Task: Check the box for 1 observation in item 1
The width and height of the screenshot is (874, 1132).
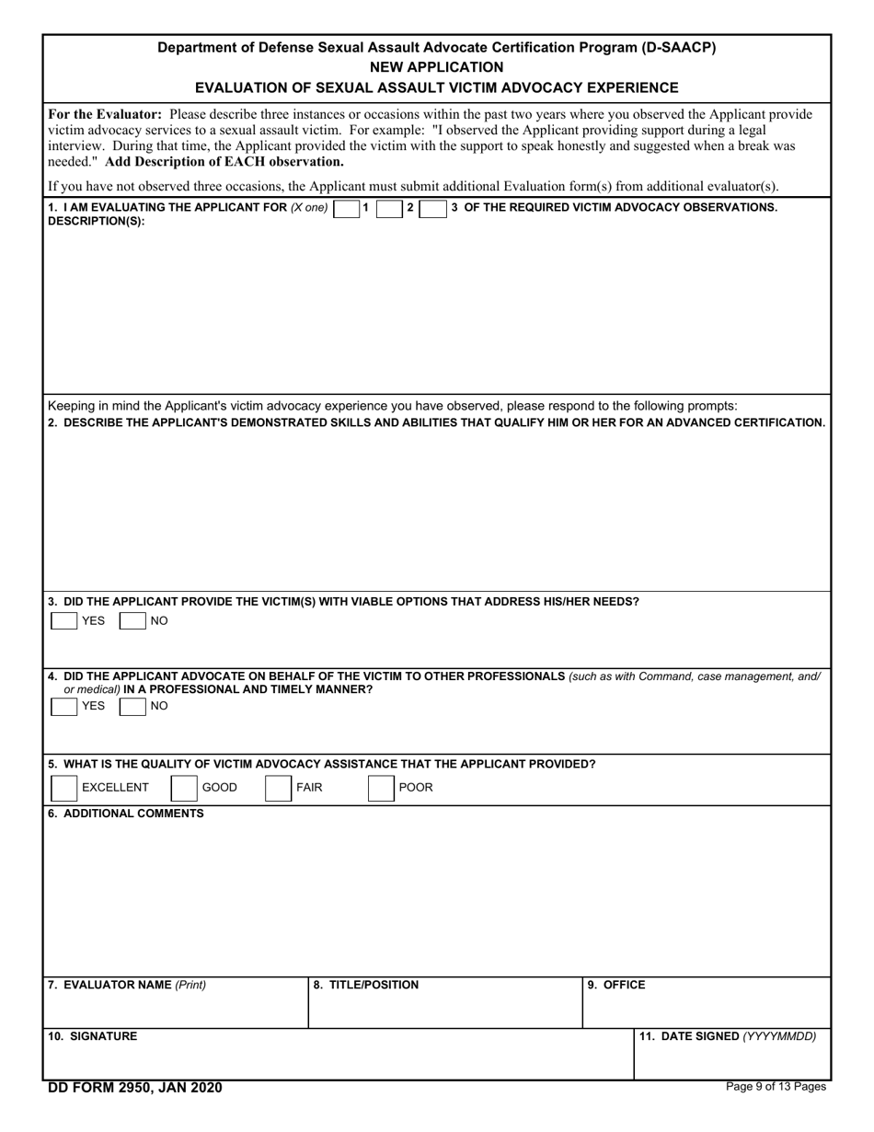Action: tap(347, 209)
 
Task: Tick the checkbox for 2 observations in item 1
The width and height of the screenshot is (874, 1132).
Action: tap(391, 209)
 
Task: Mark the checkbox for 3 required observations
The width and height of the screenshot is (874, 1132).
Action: tap(432, 209)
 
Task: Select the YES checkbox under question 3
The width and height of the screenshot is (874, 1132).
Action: tap(64, 621)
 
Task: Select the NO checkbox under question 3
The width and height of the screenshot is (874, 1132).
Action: tap(133, 621)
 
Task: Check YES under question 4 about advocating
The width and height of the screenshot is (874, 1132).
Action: tap(64, 707)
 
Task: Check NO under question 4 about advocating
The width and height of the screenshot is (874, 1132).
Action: tap(133, 707)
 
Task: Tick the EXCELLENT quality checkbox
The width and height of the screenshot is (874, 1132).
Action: tap(64, 788)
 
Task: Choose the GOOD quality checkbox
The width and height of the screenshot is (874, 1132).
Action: tap(184, 788)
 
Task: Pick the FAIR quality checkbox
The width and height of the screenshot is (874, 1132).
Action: tap(278, 788)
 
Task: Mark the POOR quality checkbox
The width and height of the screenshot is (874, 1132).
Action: tap(381, 788)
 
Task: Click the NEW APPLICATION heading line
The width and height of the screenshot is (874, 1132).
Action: tap(436, 67)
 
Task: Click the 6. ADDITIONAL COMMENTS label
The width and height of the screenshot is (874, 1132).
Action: tap(126, 814)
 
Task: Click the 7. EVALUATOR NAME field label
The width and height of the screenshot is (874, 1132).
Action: tap(127, 986)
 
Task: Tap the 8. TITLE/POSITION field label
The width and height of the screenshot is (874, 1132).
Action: tap(366, 986)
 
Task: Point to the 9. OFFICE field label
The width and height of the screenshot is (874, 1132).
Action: tap(616, 986)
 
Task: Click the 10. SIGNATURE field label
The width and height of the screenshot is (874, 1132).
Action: tap(92, 1036)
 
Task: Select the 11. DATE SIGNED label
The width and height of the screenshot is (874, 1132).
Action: tap(728, 1036)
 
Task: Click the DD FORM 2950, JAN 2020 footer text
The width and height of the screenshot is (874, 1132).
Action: tap(135, 1088)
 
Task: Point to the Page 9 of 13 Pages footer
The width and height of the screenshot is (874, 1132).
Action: tap(776, 1087)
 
